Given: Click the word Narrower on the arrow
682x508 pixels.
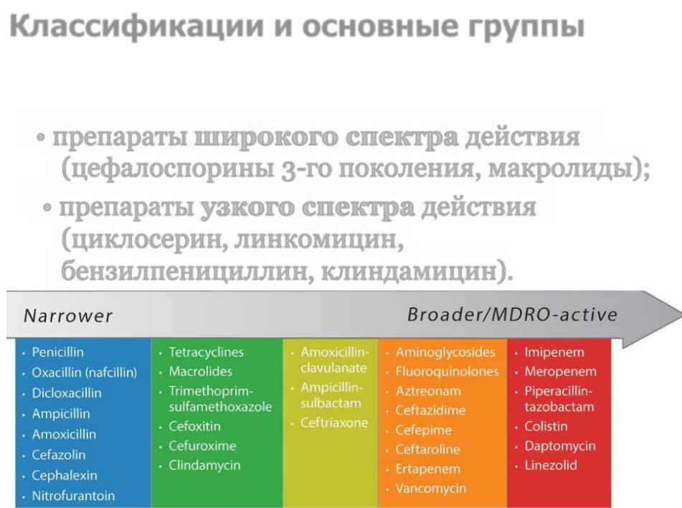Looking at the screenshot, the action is click(x=68, y=315).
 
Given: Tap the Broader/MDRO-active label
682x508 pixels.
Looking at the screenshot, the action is click(x=512, y=315).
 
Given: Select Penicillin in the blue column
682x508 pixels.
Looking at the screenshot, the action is click(x=57, y=352).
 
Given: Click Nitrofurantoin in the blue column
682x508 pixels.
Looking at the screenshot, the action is click(x=73, y=495).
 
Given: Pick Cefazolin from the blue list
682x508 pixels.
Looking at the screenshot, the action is click(x=58, y=454).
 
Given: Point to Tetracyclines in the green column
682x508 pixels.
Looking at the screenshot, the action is click(x=206, y=352).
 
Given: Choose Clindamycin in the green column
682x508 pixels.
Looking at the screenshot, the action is click(x=204, y=465).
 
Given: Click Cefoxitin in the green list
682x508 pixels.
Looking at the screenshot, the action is click(x=194, y=426).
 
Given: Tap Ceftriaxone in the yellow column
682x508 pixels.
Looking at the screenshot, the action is click(x=334, y=423).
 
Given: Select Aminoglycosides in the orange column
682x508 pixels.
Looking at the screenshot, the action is click(x=445, y=352).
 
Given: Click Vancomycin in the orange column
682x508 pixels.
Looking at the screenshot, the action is click(x=430, y=489).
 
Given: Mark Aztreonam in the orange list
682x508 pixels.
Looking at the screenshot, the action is click(x=428, y=391).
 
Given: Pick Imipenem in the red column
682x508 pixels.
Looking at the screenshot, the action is click(x=554, y=352).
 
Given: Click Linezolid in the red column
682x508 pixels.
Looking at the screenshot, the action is click(x=551, y=465).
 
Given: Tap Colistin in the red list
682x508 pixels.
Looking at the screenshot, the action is click(x=546, y=426).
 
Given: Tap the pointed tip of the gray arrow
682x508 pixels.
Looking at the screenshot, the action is click(x=681, y=314).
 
